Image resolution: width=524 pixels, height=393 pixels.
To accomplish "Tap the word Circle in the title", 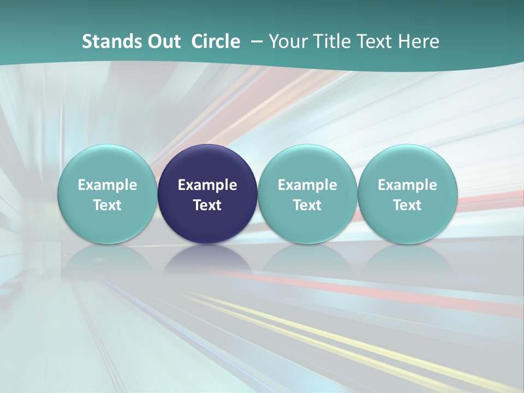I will (x=216, y=41).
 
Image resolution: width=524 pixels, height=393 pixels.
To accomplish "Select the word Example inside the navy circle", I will (x=207, y=185).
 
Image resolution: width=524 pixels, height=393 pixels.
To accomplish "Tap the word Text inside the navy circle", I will (x=207, y=205).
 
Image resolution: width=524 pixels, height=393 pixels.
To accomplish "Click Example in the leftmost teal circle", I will (x=107, y=185).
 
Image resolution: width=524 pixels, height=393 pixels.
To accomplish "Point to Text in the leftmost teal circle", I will (x=107, y=205).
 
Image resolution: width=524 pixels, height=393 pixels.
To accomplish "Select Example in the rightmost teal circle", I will (x=408, y=185).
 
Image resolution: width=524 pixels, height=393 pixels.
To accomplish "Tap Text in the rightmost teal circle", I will (x=408, y=205).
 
